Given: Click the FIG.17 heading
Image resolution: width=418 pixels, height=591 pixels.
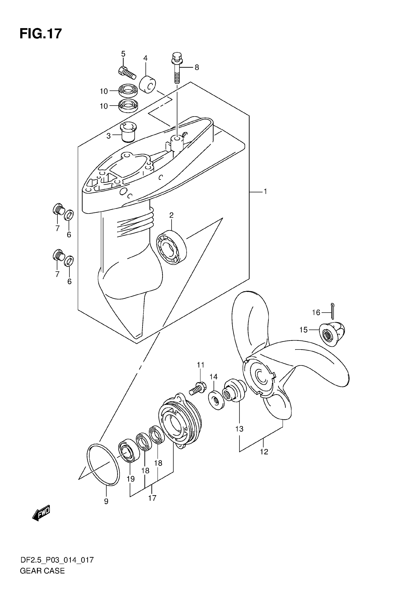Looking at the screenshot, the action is pos(41,34).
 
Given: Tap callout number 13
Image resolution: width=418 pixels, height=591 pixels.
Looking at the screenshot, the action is pos(239,429).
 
